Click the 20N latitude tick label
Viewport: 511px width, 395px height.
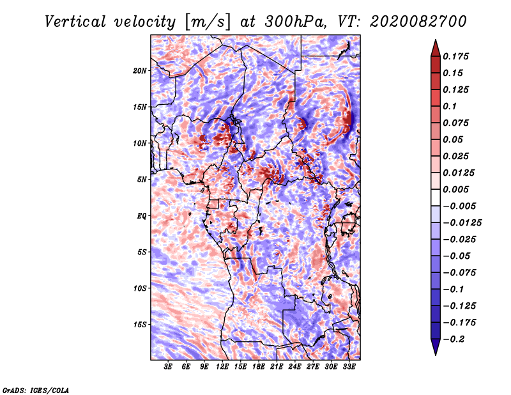coord(140,70)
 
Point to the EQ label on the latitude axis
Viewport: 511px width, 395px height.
coord(142,216)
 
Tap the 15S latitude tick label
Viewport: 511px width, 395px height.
coord(140,325)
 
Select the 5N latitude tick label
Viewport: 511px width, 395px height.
coord(142,180)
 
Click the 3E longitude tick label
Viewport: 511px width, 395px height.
coord(168,366)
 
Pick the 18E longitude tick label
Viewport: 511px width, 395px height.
coord(259,366)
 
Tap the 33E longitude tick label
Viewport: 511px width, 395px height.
coord(349,366)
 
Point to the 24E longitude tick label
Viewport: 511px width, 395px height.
coord(294,366)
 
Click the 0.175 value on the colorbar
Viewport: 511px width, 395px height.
coord(455,56)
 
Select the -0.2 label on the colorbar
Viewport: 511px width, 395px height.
coord(454,339)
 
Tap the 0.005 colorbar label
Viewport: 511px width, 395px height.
coord(455,189)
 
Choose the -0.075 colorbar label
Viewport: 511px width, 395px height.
coord(459,273)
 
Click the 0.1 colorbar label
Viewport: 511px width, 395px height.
coord(450,106)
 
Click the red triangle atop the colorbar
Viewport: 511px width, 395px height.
coord(436,49)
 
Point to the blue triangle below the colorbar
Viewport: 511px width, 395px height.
coord(436,346)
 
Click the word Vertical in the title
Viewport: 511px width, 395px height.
coord(75,22)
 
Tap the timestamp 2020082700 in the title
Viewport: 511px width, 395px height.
coord(418,22)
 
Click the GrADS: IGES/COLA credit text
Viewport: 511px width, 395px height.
coord(36,390)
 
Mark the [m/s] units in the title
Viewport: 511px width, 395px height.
coord(208,22)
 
